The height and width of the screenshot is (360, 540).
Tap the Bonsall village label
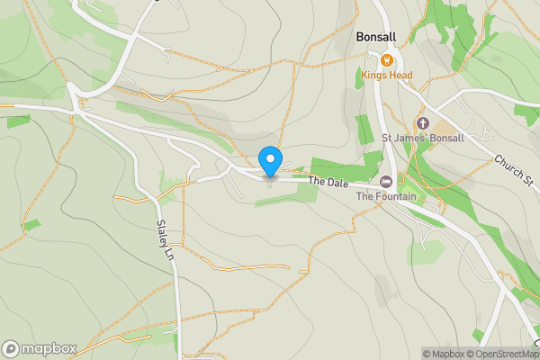376,37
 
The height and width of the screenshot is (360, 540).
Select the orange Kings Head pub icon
386,60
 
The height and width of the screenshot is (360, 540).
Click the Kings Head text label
387,75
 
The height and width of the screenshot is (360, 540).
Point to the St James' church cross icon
422,122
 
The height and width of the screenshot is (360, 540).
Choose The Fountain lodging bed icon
386,181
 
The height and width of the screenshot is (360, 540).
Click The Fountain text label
386,196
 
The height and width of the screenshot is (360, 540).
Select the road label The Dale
327,182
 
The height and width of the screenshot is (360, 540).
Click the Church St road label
512,171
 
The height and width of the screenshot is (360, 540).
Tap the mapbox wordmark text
50,348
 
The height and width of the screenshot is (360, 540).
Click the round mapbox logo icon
12,348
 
